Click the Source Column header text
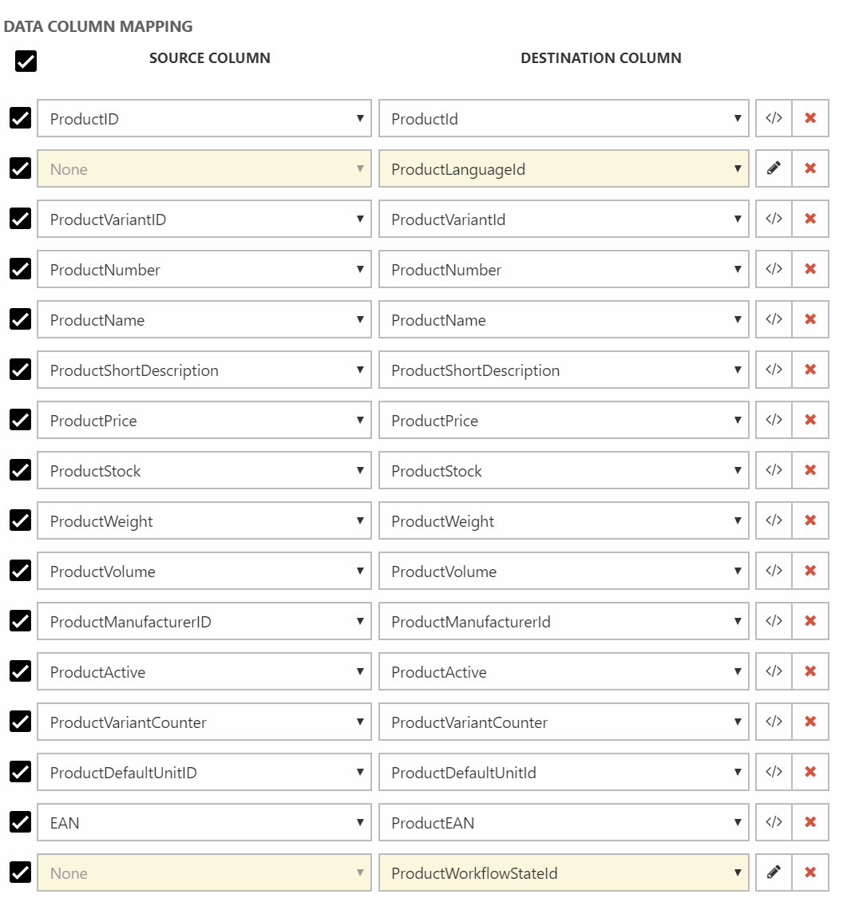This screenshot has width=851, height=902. (x=209, y=58)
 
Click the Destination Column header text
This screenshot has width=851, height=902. (x=600, y=58)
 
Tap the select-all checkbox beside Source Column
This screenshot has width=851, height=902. (x=26, y=61)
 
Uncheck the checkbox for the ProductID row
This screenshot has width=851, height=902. (x=21, y=118)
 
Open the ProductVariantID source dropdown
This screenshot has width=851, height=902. (x=204, y=220)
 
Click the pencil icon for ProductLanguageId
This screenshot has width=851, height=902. (x=774, y=168)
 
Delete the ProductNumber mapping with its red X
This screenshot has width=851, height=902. (x=810, y=269)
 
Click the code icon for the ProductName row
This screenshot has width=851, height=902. (x=774, y=319)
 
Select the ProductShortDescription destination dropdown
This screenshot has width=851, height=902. (x=563, y=370)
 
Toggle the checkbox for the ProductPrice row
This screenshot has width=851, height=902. (x=21, y=420)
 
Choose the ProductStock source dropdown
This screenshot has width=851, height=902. (x=204, y=471)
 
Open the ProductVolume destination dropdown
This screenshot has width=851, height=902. (x=563, y=572)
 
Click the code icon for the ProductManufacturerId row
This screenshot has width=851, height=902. (x=774, y=621)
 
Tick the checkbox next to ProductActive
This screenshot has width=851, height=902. (x=21, y=671)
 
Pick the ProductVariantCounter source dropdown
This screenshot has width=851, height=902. (x=204, y=722)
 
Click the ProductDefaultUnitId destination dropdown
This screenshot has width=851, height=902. (x=563, y=773)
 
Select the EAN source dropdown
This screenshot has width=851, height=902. (x=204, y=823)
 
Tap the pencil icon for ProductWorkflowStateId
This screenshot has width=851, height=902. (x=774, y=872)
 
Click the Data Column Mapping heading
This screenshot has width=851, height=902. (x=98, y=26)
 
